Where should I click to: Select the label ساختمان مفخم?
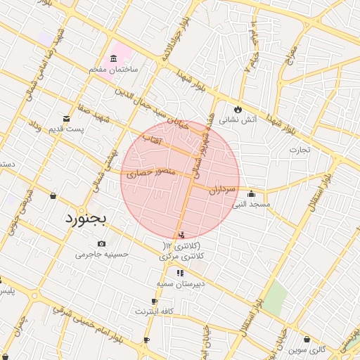(113, 71)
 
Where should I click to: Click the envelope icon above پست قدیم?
(67, 118)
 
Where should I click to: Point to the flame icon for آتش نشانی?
(238, 109)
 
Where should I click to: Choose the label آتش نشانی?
(238, 120)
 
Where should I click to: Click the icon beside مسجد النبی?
(251, 195)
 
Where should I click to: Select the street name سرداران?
(226, 190)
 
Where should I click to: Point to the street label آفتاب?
(151, 141)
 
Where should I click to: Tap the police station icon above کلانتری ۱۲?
(182, 235)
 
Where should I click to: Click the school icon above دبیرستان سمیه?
(181, 272)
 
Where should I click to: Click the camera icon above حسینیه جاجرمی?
(102, 244)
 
